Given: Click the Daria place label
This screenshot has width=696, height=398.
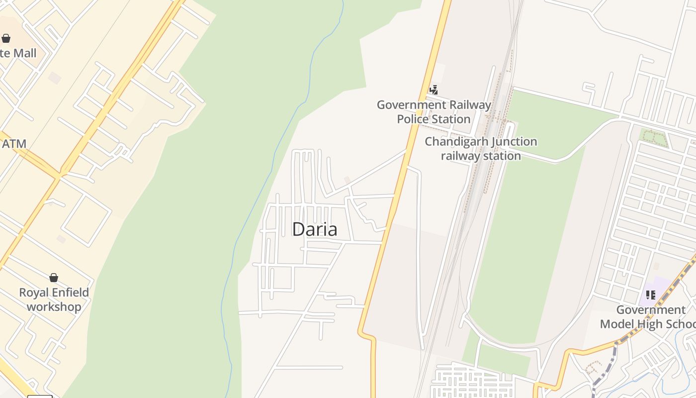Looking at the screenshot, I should click(315, 229).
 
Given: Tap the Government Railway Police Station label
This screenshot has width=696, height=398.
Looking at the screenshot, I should click(434, 112).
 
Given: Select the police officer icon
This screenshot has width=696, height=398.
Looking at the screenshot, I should click(434, 90).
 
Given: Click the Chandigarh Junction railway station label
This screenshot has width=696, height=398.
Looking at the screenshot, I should click(481, 148).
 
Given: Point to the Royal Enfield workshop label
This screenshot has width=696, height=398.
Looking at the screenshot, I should click(54, 299).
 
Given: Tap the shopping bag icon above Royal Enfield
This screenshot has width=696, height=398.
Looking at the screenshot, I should click(54, 278).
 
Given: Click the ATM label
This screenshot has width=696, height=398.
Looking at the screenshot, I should click(14, 144).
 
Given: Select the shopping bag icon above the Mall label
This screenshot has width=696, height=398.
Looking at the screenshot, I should click(6, 38).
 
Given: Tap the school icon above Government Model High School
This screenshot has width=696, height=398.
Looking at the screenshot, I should click(650, 295).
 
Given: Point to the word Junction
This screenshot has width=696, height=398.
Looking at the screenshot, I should click(509, 142).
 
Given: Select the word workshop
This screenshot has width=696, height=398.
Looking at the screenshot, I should click(54, 307).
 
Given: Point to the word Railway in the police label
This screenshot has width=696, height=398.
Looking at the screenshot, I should click(470, 105).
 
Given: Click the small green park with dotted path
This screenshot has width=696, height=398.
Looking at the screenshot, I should click(653, 138).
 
